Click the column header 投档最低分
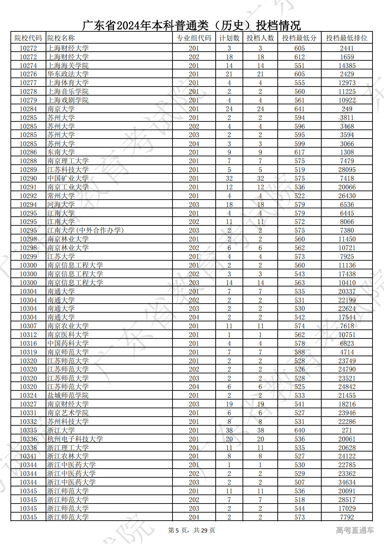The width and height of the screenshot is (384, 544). click(299, 38)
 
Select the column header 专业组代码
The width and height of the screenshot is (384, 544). click(194, 38)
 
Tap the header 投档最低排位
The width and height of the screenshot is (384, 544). click(346, 38)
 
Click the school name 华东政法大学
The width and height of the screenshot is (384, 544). click(68, 74)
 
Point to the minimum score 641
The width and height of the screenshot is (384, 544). click(299, 109)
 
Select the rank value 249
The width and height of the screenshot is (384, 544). click(347, 109)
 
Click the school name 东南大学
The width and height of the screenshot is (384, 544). click(61, 152)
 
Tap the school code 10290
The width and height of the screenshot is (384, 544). click(28, 179)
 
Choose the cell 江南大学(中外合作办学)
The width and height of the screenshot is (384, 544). click(85, 231)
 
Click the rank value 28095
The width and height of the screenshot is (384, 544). click(347, 170)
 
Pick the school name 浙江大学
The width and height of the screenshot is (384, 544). click(61, 431)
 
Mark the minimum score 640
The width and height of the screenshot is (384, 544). click(299, 431)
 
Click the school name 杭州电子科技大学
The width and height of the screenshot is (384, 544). click(75, 439)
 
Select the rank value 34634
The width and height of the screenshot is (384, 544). click(347, 483)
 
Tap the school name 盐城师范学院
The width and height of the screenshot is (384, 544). click(68, 396)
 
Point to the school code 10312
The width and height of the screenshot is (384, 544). click(28, 335)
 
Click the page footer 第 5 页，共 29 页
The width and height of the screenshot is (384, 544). click(192, 530)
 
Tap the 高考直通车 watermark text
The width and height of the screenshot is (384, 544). click(355, 530)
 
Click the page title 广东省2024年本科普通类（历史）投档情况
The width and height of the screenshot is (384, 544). click(191, 25)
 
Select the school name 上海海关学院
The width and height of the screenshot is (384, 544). click(68, 66)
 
